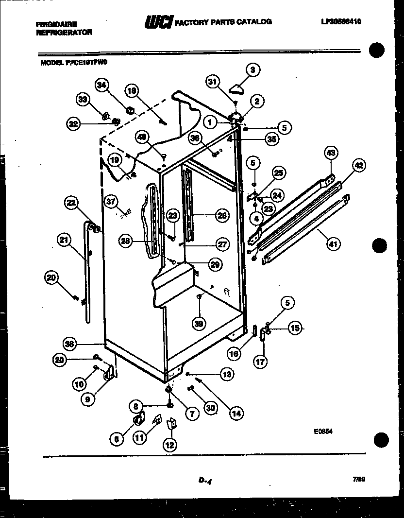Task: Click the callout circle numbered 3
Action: click(252, 70)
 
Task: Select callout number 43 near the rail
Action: click(331, 153)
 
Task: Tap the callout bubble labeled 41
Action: click(332, 244)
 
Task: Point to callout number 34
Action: click(101, 85)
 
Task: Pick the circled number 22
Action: click(71, 204)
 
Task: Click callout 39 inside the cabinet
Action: click(199, 323)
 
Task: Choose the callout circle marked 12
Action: click(169, 445)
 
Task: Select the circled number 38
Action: click(71, 344)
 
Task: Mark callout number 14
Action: click(236, 414)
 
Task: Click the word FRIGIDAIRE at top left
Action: click(56, 23)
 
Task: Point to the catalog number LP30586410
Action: click(341, 21)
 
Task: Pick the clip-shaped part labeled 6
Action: click(138, 418)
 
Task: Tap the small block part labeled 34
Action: click(130, 110)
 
